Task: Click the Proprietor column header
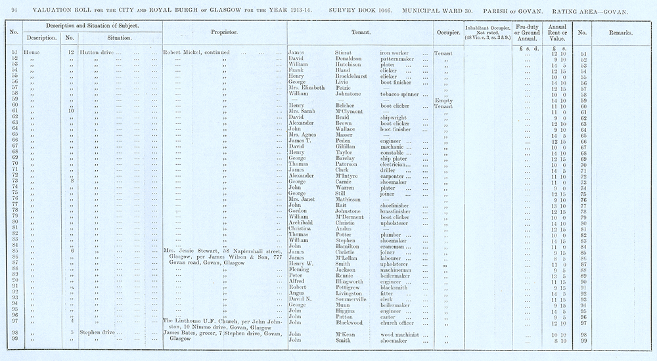[x=224, y=32]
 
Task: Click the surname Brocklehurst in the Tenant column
[x=345, y=76]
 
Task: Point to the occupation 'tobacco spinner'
[x=400, y=93]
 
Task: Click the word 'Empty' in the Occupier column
[x=444, y=100]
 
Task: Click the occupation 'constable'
[x=394, y=153]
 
